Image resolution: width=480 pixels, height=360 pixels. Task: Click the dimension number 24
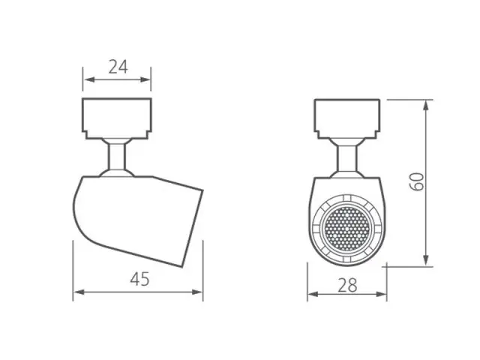118,67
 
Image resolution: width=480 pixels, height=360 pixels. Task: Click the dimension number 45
140,279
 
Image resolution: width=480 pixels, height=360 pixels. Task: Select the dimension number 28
347,285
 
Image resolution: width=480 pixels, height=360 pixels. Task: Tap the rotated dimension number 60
417,181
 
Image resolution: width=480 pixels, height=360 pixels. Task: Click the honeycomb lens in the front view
346,228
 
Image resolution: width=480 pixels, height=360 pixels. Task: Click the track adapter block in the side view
117,118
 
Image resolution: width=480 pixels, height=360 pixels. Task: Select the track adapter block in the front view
347,118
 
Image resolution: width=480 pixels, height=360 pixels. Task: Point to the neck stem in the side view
117,157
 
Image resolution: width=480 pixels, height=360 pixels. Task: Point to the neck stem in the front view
347,158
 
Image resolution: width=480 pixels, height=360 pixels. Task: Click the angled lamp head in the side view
138,220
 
